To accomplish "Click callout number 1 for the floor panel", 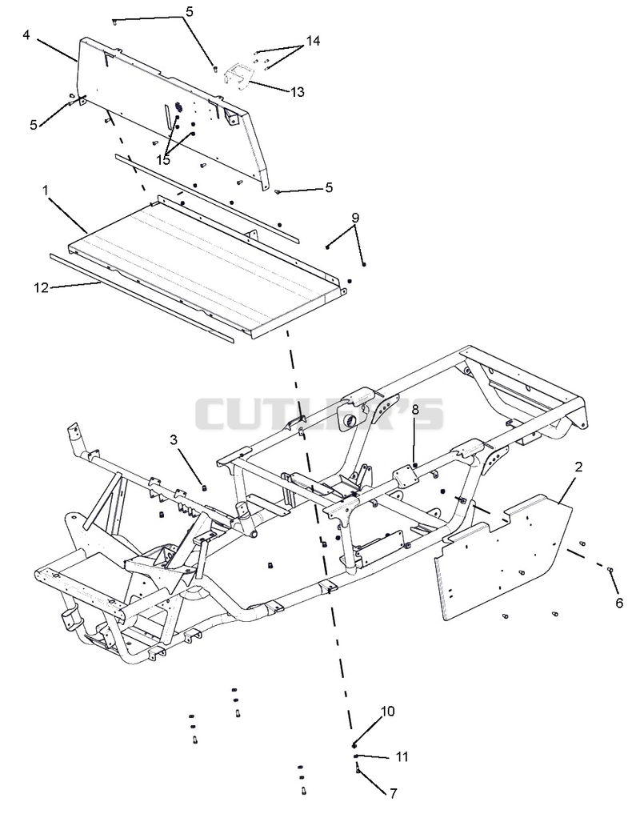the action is [x=46, y=190].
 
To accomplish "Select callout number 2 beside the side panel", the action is [x=578, y=467].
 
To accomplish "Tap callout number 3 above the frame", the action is [x=174, y=439].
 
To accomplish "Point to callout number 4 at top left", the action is [x=26, y=35].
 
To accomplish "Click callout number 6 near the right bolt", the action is [x=619, y=603].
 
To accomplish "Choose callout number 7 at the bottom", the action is [x=393, y=793].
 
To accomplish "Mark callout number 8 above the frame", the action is [x=415, y=409].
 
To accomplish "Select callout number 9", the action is [x=355, y=218].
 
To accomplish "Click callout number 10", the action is [x=388, y=711].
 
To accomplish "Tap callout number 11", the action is [x=402, y=757].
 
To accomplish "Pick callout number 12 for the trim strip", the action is [x=41, y=287].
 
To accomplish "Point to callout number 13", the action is [x=298, y=91].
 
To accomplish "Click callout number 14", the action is [x=313, y=41].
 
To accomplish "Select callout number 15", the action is [x=163, y=159].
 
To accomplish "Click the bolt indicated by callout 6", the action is [x=610, y=570].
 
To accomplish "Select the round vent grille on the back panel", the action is [x=178, y=107].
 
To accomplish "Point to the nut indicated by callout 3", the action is [x=204, y=487].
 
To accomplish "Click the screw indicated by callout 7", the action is [x=358, y=768].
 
